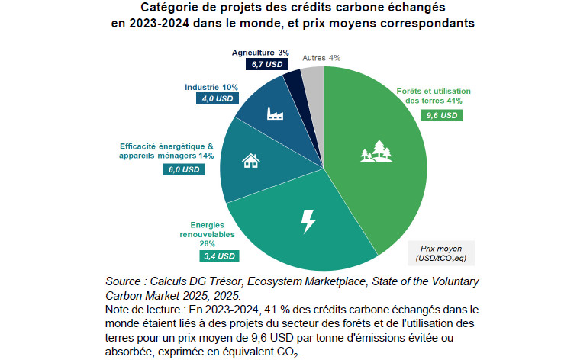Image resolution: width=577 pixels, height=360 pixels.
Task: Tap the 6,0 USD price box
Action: tap(184, 169)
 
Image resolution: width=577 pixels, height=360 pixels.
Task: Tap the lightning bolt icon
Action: tap(308, 221)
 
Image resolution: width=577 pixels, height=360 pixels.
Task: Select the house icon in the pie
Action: tap(250, 160)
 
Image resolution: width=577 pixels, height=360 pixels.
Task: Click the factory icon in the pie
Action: tap(275, 114)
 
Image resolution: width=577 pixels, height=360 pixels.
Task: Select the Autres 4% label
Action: tap(321, 58)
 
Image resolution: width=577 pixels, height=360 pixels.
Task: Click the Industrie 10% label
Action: tap(211, 87)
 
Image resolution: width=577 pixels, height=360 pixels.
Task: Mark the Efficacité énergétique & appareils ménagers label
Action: tap(166, 150)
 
